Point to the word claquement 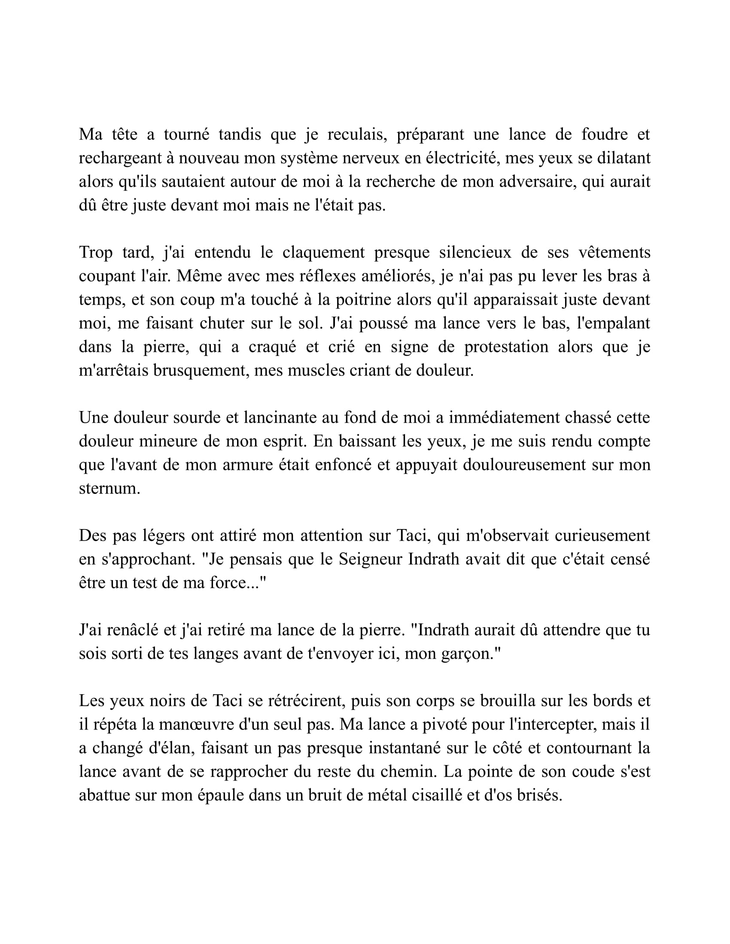coord(323,252)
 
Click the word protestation coord(506,347)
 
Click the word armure coord(243,465)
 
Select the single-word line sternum coord(109,488)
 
